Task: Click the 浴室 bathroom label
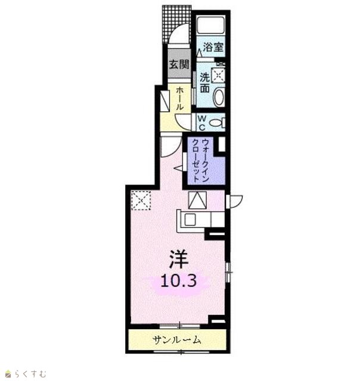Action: click(x=213, y=47)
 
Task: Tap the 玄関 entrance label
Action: click(x=179, y=64)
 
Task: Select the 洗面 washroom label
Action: click(x=205, y=83)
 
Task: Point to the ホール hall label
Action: click(x=179, y=98)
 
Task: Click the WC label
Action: click(x=202, y=123)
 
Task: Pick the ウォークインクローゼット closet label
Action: click(x=200, y=160)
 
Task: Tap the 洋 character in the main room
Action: click(x=179, y=259)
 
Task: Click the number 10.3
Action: click(x=179, y=281)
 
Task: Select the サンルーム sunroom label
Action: click(x=177, y=340)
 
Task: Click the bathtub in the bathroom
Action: click(x=210, y=25)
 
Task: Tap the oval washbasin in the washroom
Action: click(x=219, y=97)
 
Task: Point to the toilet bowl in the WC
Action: click(x=217, y=123)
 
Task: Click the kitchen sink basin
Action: click(x=190, y=220)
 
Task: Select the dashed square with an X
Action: click(x=141, y=200)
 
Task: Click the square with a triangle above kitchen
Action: click(x=197, y=200)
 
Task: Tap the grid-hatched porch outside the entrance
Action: click(x=176, y=24)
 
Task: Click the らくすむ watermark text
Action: click(x=30, y=373)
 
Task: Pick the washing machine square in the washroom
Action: click(x=218, y=75)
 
